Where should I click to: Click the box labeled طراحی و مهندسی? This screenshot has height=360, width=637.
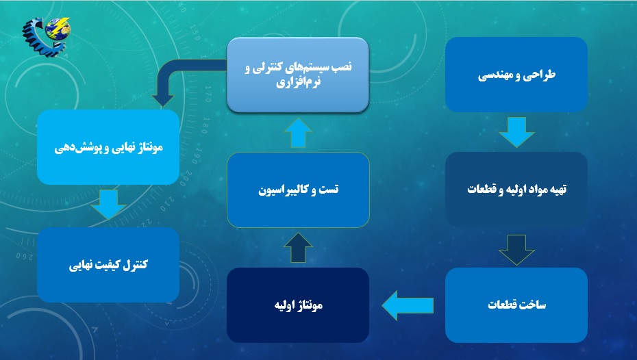tap(516, 75)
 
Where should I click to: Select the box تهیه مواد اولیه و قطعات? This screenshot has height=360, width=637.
tap(516, 190)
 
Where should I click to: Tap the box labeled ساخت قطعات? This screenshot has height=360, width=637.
tap(516, 305)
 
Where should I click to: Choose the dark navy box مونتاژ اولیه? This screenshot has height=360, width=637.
tap(298, 305)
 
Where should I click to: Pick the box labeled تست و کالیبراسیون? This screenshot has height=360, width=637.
tap(298, 190)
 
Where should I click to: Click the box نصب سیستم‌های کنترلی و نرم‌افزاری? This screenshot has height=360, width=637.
tap(298, 75)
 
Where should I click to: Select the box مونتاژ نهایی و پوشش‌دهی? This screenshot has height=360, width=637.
tap(108, 147)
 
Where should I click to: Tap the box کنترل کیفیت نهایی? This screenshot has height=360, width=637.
tap(108, 265)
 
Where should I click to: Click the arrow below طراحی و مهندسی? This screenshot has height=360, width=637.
tap(516, 132)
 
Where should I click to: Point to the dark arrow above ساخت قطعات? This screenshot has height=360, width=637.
tap(516, 250)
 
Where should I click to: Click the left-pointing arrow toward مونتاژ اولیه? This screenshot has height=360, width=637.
tap(408, 305)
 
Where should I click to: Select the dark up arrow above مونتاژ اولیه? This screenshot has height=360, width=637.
tap(298, 248)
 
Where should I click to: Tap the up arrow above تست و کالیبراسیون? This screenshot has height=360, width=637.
tap(298, 133)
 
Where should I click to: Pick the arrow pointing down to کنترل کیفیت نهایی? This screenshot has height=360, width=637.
tap(108, 205)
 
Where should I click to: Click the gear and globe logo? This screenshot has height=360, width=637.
tap(47, 36)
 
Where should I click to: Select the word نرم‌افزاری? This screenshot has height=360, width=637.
tap(298, 82)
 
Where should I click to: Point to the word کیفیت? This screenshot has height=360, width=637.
tap(108, 266)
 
